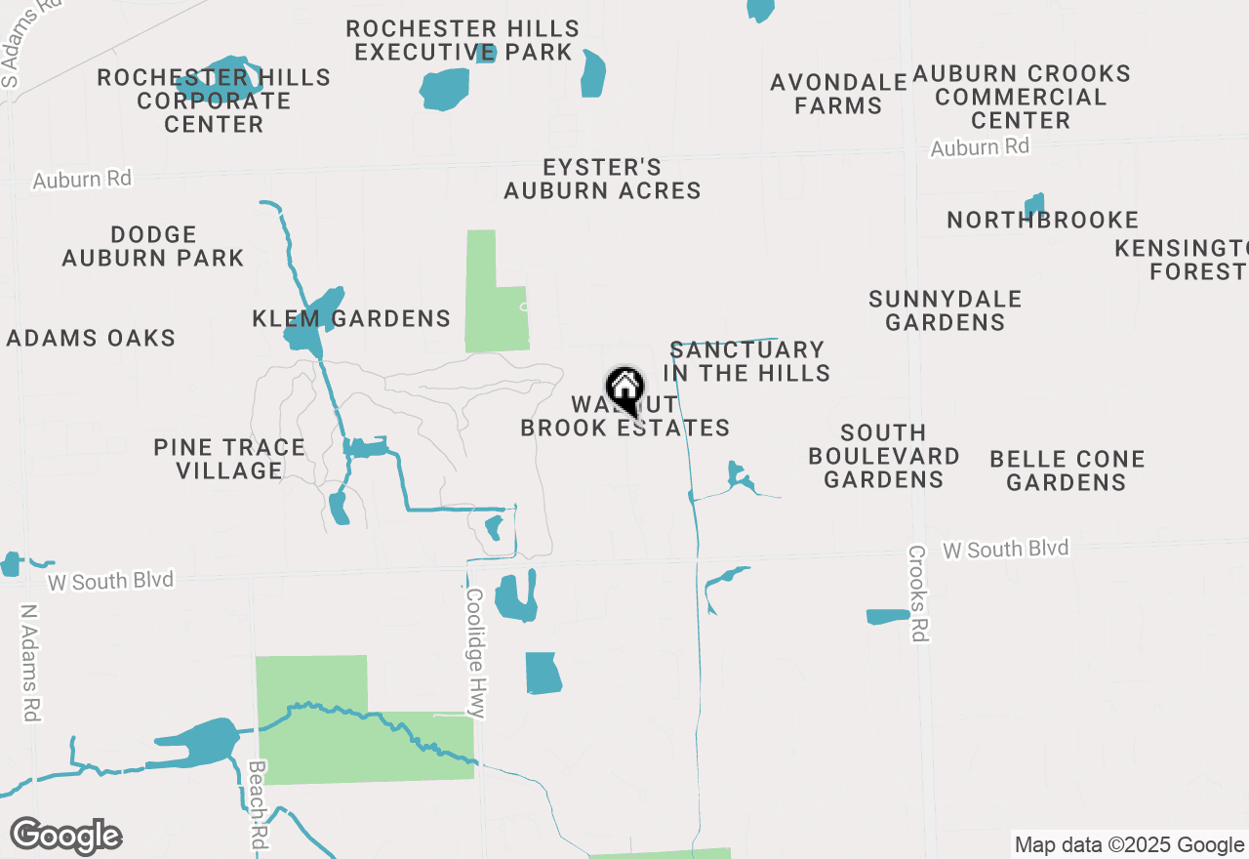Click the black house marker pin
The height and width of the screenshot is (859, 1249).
(624, 389)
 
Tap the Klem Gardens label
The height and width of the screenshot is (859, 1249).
(351, 318)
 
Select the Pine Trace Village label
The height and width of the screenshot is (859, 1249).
(229, 459)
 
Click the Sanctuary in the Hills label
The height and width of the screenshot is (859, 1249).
(747, 361)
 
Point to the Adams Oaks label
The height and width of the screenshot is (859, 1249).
(91, 339)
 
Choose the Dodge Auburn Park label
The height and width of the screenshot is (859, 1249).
(153, 247)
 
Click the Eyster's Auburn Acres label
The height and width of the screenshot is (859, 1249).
(602, 180)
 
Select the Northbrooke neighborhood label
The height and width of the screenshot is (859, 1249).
(1043, 221)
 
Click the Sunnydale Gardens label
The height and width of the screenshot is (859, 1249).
(945, 310)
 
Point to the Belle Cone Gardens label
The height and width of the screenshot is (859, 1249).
(1067, 470)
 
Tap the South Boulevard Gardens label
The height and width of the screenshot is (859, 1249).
(884, 456)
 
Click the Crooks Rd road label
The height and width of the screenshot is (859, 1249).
(917, 593)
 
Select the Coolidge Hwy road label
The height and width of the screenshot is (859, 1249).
(475, 652)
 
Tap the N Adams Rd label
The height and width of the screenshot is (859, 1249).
(29, 663)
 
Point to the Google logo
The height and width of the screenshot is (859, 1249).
(65, 837)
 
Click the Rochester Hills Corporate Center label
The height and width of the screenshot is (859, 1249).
(214, 101)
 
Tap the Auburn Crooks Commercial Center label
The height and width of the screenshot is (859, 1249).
(1021, 97)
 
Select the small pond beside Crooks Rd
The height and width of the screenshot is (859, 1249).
(887, 617)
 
